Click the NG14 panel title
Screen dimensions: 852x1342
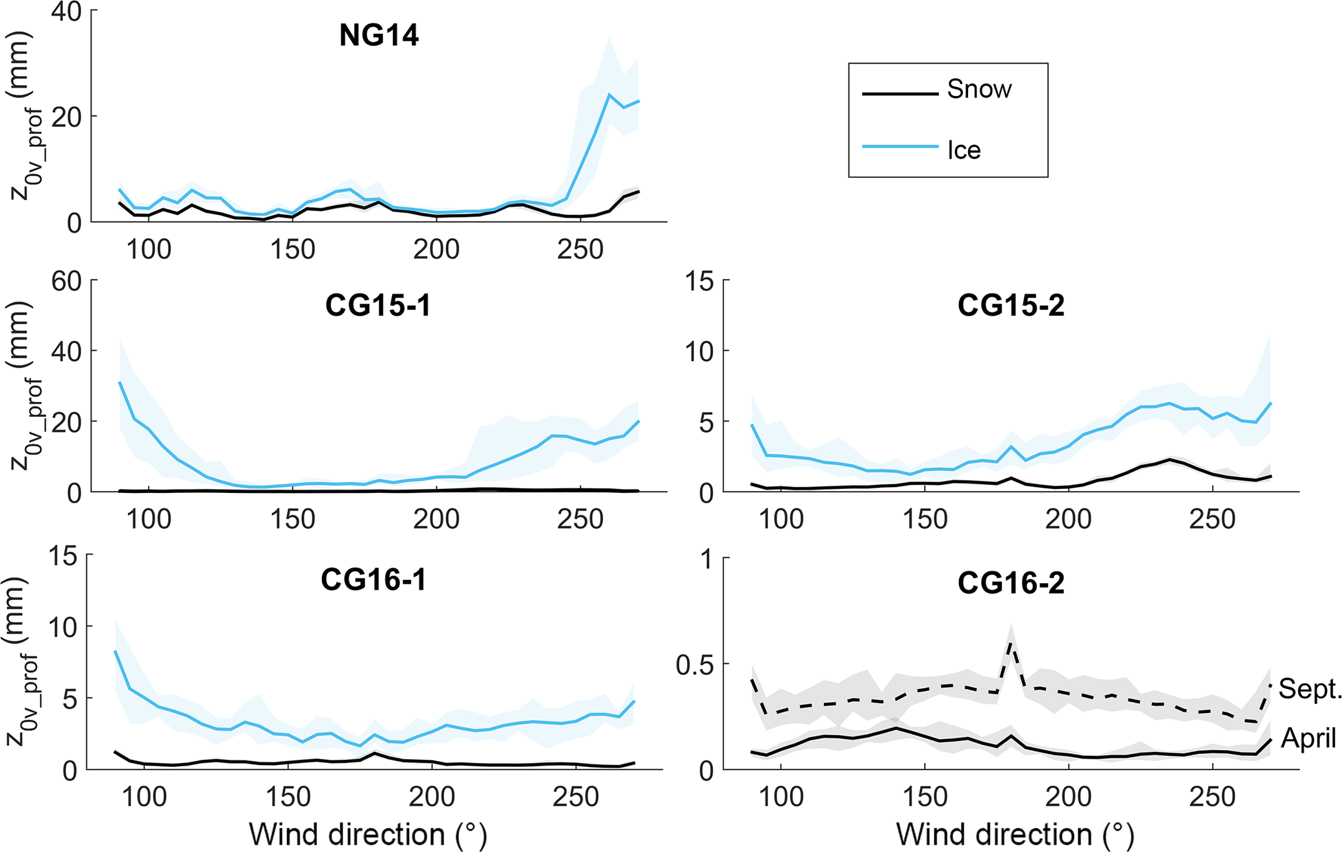[379, 36]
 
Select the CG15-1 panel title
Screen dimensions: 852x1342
[378, 306]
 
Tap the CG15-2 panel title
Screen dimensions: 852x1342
[1011, 306]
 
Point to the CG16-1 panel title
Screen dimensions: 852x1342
[373, 580]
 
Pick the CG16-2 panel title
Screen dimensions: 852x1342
[1011, 583]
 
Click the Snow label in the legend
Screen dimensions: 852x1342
[979, 90]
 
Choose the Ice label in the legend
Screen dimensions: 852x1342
[963, 150]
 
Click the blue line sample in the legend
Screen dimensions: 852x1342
[900, 147]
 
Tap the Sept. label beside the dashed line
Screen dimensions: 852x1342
[1310, 689]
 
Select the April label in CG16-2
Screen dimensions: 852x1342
[1308, 738]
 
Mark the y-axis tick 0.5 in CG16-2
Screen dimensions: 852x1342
[694, 664]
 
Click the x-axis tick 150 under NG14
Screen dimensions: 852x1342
[293, 249]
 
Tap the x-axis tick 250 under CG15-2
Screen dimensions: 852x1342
[1212, 520]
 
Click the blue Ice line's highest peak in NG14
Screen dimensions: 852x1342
[610, 95]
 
